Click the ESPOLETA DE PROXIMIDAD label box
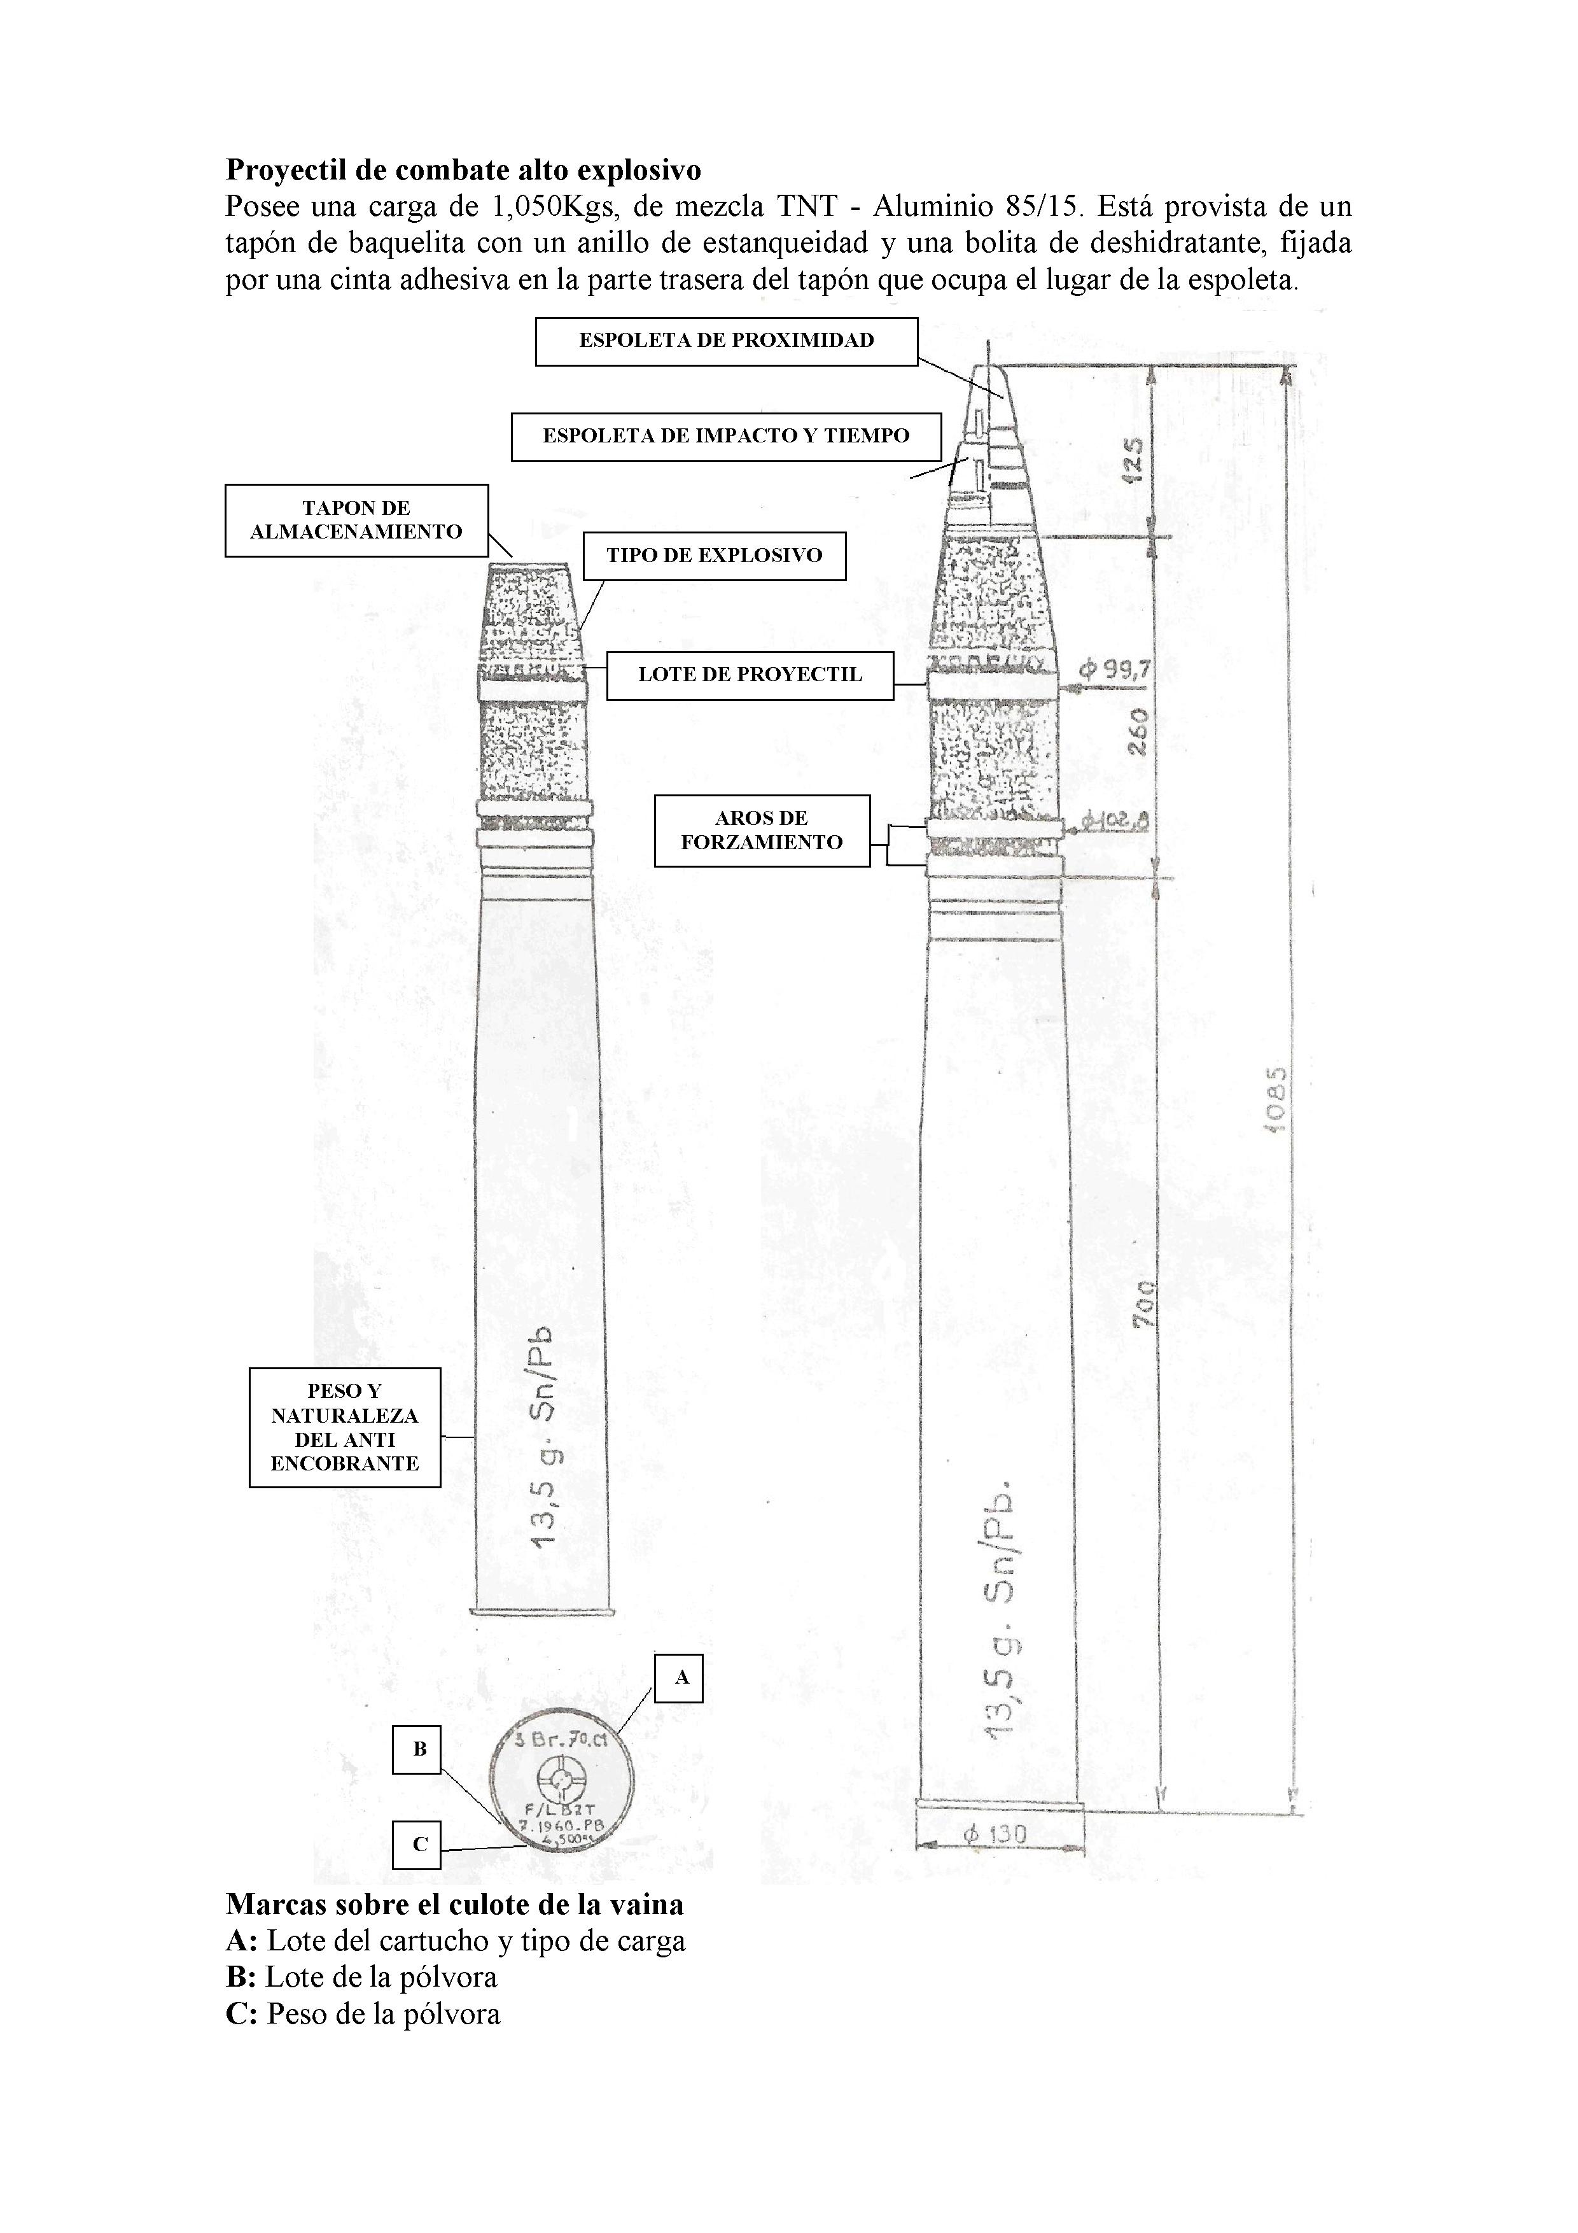tap(726, 341)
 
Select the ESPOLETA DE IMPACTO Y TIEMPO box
tap(725, 437)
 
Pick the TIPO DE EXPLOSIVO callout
tap(714, 556)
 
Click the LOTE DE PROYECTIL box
tap(750, 675)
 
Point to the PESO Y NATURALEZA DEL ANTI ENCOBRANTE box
tap(344, 1428)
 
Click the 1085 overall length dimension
tap(1276, 1099)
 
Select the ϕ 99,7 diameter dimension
tap(1115, 670)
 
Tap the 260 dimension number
tap(1138, 731)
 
